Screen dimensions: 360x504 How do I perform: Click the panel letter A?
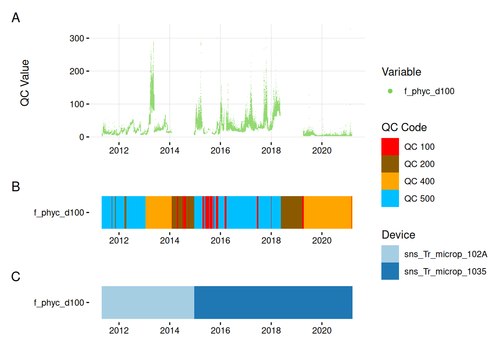click(16, 18)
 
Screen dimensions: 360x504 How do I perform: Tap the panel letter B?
click(16, 186)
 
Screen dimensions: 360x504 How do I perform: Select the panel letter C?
click(16, 276)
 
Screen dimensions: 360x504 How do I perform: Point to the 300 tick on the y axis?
click(77, 38)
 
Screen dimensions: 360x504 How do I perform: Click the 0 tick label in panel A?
click(81, 137)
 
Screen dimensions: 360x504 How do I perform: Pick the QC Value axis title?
click(25, 83)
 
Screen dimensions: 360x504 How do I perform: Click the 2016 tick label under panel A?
click(220, 150)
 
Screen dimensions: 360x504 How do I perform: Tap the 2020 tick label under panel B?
click(322, 240)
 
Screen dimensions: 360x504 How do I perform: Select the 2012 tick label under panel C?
click(119, 330)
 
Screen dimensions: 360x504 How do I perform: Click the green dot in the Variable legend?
click(390, 91)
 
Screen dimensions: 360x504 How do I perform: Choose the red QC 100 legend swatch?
click(390, 147)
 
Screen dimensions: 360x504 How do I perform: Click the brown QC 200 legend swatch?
click(390, 164)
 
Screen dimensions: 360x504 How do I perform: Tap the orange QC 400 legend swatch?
click(390, 181)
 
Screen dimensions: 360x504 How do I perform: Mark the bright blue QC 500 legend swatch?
click(390, 198)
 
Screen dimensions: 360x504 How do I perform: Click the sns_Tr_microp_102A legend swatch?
click(390, 254)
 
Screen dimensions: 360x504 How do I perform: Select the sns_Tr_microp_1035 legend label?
click(445, 271)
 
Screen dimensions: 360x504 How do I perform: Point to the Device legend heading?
click(398, 235)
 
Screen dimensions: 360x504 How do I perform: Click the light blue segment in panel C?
click(148, 303)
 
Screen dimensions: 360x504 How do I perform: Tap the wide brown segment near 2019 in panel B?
click(291, 213)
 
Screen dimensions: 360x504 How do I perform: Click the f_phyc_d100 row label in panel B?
click(59, 213)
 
